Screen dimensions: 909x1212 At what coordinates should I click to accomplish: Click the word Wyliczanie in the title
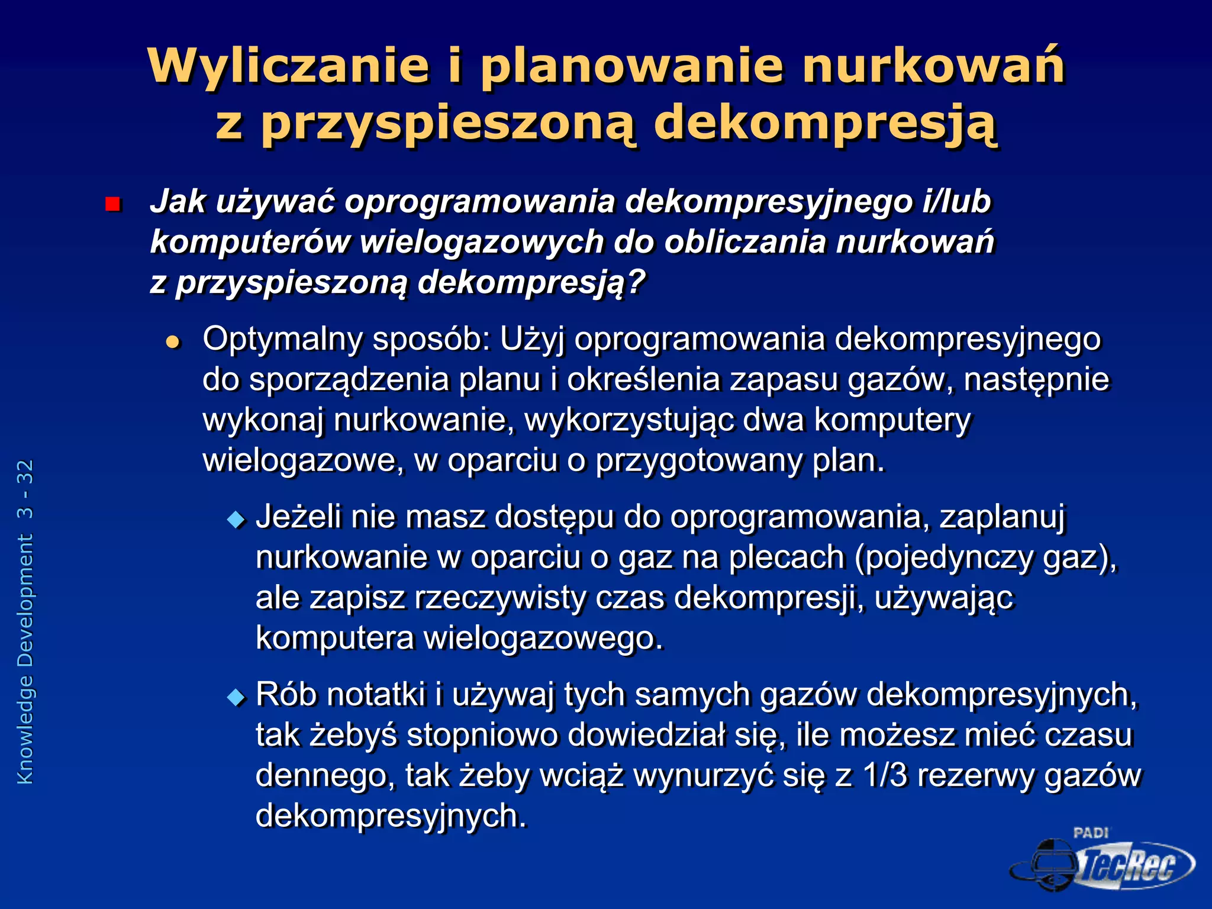coord(288,66)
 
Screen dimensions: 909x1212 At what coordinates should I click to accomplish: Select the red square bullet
coord(112,205)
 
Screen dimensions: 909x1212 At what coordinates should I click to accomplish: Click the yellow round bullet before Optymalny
coord(173,341)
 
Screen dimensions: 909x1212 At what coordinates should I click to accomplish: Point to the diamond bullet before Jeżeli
coord(236,520)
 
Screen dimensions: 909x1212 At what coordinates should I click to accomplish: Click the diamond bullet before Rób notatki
coord(236,698)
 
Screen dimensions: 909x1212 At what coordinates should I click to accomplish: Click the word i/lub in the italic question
coord(956,202)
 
